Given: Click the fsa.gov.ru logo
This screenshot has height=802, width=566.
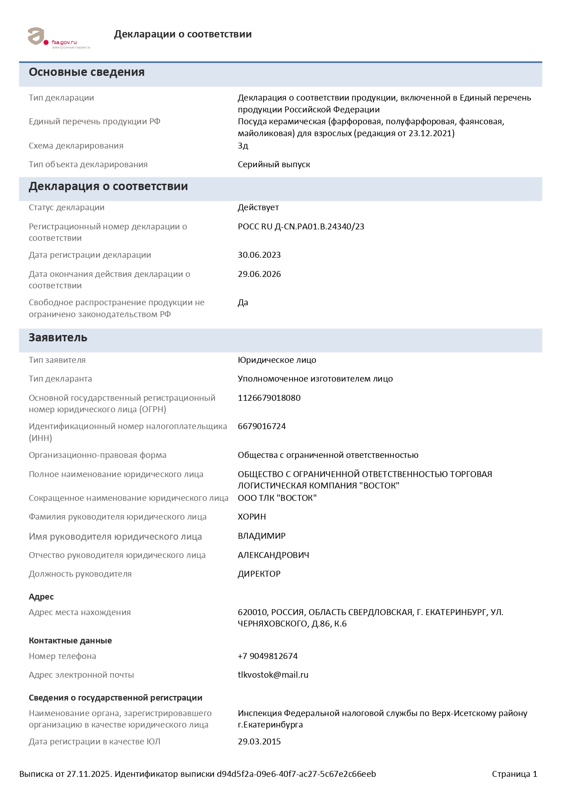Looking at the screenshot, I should pos(58,37).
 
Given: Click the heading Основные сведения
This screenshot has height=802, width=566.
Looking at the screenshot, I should pos(87,72).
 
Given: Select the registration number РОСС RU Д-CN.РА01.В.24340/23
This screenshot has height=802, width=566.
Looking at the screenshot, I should pos(301,227).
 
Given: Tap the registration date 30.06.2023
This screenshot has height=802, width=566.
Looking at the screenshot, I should pos(259,255).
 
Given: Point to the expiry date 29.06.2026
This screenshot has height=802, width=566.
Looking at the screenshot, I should pos(259,274).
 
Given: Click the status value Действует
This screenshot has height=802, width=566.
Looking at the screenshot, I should pos(258,207).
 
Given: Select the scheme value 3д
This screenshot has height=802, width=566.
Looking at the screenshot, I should pos(243,146).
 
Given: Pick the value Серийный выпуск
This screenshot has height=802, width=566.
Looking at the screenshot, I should pos(273,165).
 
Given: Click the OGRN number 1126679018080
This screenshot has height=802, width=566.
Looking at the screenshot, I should pos(269,398).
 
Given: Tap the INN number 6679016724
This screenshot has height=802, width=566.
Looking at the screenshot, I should pos(262,426).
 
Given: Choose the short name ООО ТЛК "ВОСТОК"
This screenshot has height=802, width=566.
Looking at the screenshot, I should pos(277,498).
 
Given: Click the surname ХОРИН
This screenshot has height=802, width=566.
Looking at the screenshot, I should pos(252,517).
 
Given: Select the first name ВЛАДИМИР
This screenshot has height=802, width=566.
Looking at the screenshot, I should pos(262,536).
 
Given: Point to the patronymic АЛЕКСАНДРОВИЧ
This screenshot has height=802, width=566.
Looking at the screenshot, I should pos(273,555).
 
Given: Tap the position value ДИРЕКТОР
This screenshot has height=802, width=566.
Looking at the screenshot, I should pos(259,574).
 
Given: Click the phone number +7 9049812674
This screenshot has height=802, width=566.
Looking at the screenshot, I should pos(267,656).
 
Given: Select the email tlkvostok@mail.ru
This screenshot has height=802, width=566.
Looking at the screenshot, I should pos(273,675).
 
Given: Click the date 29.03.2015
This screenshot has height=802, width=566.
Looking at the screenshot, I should pos(259,742).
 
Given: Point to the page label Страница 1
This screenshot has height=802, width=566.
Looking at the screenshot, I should pos(514,774).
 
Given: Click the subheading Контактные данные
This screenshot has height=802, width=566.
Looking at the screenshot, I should pos(70,641).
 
